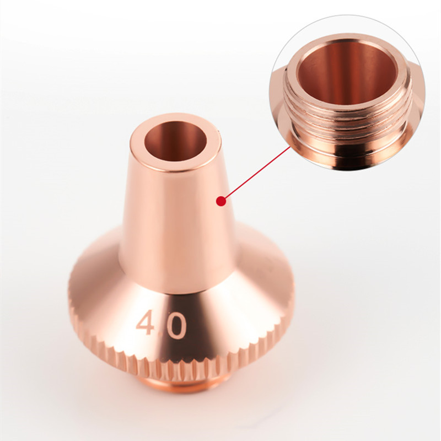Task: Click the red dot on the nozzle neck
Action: pos(222,201)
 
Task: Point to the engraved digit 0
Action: pos(175,326)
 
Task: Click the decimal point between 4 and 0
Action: pos(160,333)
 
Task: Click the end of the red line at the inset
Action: pos(290,147)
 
